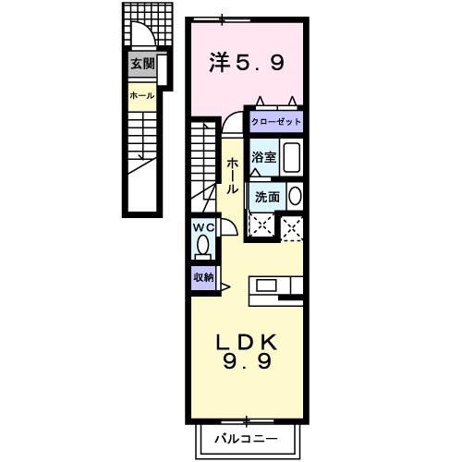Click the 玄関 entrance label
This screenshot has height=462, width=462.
(141, 64)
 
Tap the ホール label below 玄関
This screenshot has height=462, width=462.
(141, 95)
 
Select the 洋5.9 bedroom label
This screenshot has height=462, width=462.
(246, 64)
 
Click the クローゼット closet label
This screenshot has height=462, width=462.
(275, 122)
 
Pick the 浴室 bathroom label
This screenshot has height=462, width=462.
(264, 156)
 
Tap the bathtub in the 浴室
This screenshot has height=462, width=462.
(291, 157)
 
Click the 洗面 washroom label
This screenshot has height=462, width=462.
(267, 196)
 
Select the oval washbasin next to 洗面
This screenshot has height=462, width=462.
(295, 196)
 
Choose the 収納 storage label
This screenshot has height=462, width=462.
(203, 277)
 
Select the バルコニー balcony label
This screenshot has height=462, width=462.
(247, 435)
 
